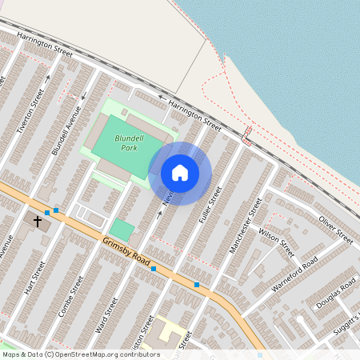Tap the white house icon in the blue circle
tap(180, 172)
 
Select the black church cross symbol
tap(37, 218)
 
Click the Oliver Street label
tap(335, 229)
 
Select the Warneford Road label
tap(294, 274)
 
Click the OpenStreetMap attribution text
tap(80, 354)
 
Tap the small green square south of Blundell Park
tap(122, 230)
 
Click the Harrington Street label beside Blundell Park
tap(190, 114)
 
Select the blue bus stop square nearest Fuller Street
tap(197, 284)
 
